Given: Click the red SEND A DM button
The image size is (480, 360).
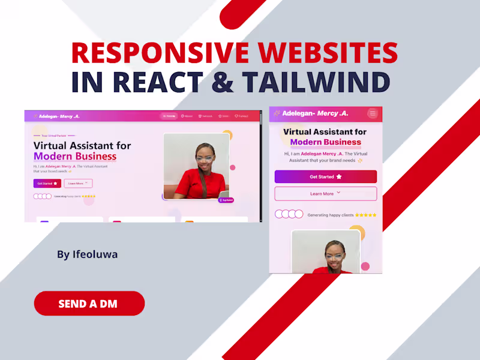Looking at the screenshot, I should pyautogui.click(x=89, y=304).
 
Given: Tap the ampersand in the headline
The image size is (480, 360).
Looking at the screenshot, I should pyautogui.click(x=223, y=82).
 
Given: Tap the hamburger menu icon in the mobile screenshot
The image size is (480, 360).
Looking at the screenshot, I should pyautogui.click(x=373, y=113).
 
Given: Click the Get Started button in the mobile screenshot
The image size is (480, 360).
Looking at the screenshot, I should pyautogui.click(x=325, y=177).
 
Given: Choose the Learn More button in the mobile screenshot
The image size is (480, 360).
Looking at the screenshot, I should pyautogui.click(x=325, y=194).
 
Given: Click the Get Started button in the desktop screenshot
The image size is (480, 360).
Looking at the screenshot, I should pyautogui.click(x=47, y=184).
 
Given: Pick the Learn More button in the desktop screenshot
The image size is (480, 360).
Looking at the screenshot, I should pyautogui.click(x=78, y=184).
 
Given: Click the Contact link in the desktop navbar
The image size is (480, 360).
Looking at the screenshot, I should pyautogui.click(x=241, y=116).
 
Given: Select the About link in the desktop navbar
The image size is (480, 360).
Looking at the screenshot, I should pyautogui.click(x=187, y=116).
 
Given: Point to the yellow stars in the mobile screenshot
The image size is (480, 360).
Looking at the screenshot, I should pyautogui.click(x=365, y=215).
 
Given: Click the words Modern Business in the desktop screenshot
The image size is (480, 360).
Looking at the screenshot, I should pyautogui.click(x=74, y=157).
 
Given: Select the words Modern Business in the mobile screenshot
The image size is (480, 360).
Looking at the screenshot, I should pyautogui.click(x=325, y=143).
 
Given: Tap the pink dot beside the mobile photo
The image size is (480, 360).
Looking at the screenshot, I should pyautogui.click(x=365, y=266).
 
